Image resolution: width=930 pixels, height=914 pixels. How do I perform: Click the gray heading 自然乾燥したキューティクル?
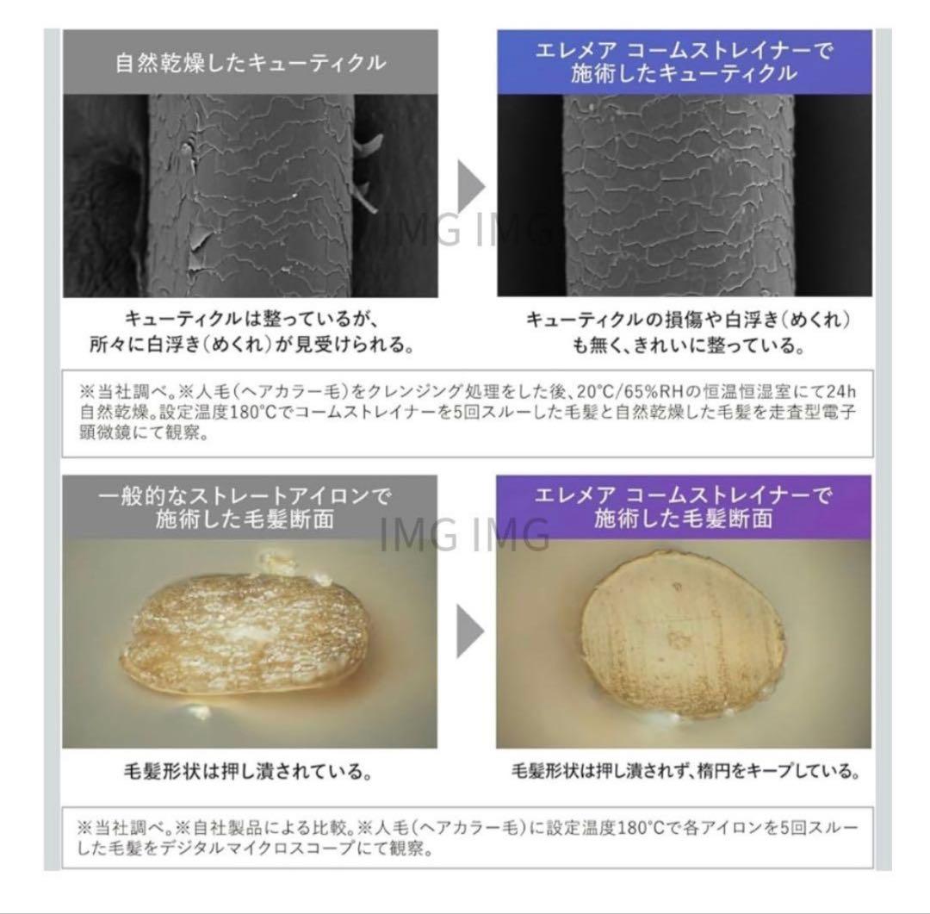(251, 62)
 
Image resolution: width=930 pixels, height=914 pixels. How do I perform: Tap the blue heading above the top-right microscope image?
(684, 62)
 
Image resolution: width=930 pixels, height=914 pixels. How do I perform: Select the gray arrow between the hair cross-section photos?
(470, 631)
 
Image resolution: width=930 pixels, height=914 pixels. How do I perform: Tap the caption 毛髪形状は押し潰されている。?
(248, 772)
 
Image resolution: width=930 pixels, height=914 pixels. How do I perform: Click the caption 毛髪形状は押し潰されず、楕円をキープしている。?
(685, 771)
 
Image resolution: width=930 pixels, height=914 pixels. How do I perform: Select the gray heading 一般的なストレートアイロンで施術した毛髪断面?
(245, 507)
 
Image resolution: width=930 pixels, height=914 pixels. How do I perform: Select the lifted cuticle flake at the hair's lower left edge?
(197, 247)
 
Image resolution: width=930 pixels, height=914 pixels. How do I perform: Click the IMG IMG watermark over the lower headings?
(465, 534)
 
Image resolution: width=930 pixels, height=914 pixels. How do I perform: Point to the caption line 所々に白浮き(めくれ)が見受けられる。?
(251, 345)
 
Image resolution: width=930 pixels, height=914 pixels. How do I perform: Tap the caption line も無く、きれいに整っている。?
(688, 345)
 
